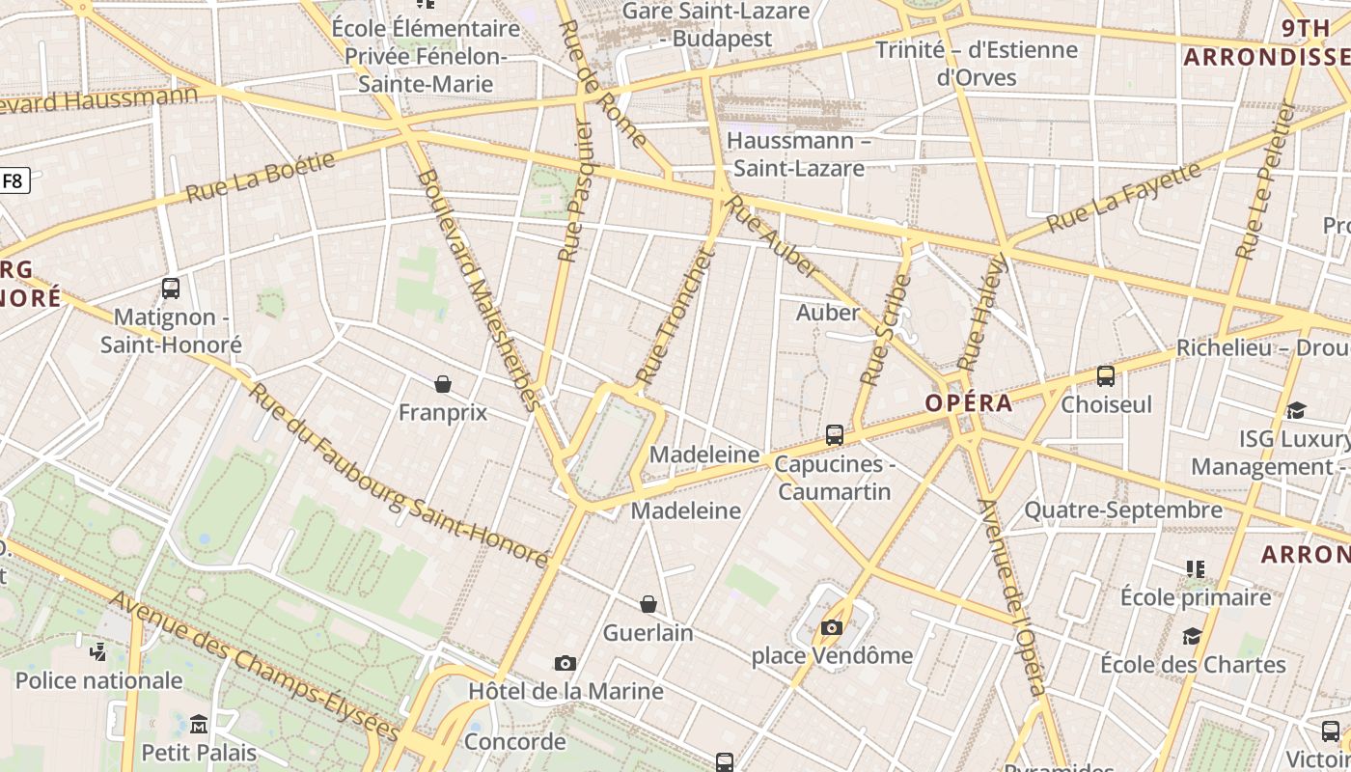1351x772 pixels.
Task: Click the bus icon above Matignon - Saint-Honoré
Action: tap(171, 288)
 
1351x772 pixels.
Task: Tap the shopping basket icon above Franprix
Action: tap(443, 384)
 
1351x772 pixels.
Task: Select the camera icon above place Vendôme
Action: tap(831, 628)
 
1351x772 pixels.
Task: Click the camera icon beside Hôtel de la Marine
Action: tap(565, 663)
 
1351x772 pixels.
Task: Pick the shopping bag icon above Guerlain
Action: tap(648, 604)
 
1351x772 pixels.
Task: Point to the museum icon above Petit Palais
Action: tap(199, 724)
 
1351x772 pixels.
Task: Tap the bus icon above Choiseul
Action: tap(1106, 376)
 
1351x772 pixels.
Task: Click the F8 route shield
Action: tap(14, 180)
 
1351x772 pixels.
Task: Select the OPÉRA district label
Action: tap(969, 403)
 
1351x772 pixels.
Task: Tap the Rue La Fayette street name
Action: tap(1124, 197)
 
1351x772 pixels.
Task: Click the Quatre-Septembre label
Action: tap(1123, 510)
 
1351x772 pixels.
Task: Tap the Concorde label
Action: tap(514, 741)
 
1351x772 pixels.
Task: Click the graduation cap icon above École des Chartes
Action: tap(1193, 636)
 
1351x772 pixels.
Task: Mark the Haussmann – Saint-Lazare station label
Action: tap(799, 154)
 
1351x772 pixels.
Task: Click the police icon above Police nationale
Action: tap(97, 652)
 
